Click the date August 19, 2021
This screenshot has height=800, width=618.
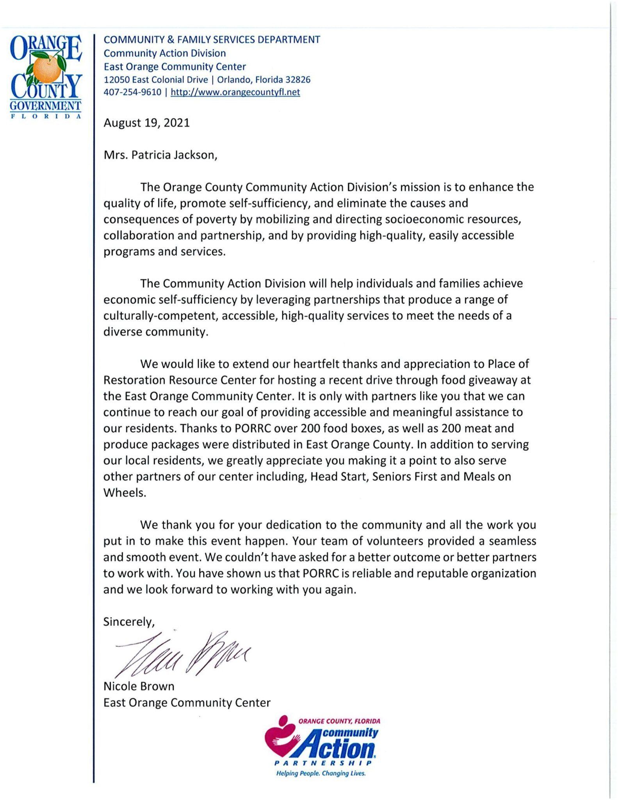pyautogui.click(x=146, y=123)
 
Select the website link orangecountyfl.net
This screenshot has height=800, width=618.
pyautogui.click(x=235, y=92)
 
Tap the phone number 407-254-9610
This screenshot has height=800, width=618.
pyautogui.click(x=132, y=92)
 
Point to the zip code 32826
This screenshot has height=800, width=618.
pyautogui.click(x=298, y=80)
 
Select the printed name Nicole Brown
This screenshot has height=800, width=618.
pyautogui.click(x=139, y=686)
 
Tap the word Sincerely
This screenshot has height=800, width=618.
pyautogui.click(x=128, y=621)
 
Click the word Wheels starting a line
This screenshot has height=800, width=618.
pyautogui.click(x=124, y=493)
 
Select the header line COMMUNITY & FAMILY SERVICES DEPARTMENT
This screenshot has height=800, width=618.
pyautogui.click(x=212, y=39)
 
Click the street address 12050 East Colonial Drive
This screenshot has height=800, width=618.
pyautogui.click(x=156, y=80)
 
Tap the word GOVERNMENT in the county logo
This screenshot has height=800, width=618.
pyautogui.click(x=45, y=106)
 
